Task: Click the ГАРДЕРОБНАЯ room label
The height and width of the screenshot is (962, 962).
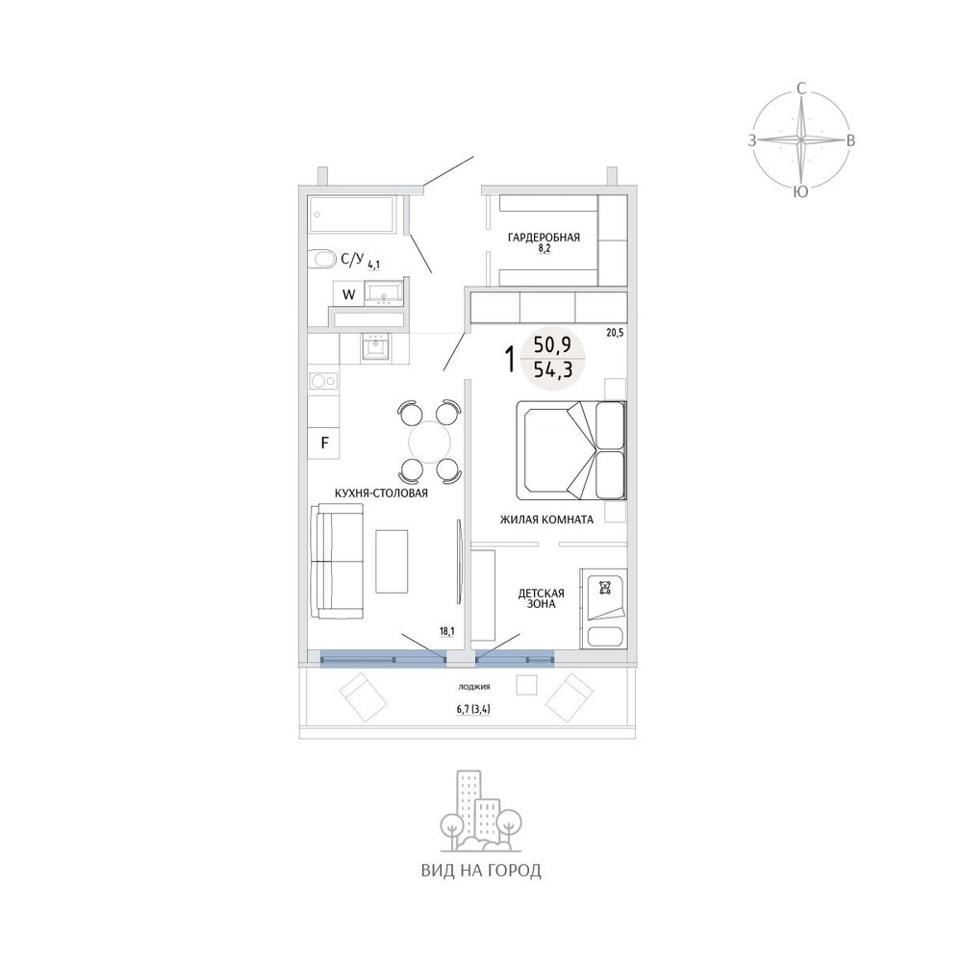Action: point(543,238)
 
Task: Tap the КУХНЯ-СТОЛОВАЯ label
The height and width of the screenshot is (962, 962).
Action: point(381,493)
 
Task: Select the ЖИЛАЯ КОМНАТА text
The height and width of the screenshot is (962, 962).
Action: point(546,519)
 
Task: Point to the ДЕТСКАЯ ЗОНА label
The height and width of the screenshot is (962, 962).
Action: point(541,598)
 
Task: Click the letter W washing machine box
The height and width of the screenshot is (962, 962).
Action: point(348,294)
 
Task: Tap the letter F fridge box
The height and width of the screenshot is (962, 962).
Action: point(324,442)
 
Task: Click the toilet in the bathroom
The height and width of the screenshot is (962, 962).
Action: point(320,259)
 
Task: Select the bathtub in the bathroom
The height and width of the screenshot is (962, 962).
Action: point(351,215)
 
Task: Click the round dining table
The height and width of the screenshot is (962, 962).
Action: point(429,442)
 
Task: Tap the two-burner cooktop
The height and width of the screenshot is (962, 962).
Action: point(323,381)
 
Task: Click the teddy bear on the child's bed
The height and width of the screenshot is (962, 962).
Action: point(605,588)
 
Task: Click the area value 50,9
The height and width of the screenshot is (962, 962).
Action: point(552,345)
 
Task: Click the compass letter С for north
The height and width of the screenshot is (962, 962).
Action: point(800,89)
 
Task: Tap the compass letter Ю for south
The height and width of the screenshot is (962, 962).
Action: point(800,192)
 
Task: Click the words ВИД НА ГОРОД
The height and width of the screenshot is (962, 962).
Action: point(481,871)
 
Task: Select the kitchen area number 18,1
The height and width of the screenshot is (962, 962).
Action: point(446,630)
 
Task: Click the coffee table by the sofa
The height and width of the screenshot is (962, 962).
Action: point(392,562)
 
